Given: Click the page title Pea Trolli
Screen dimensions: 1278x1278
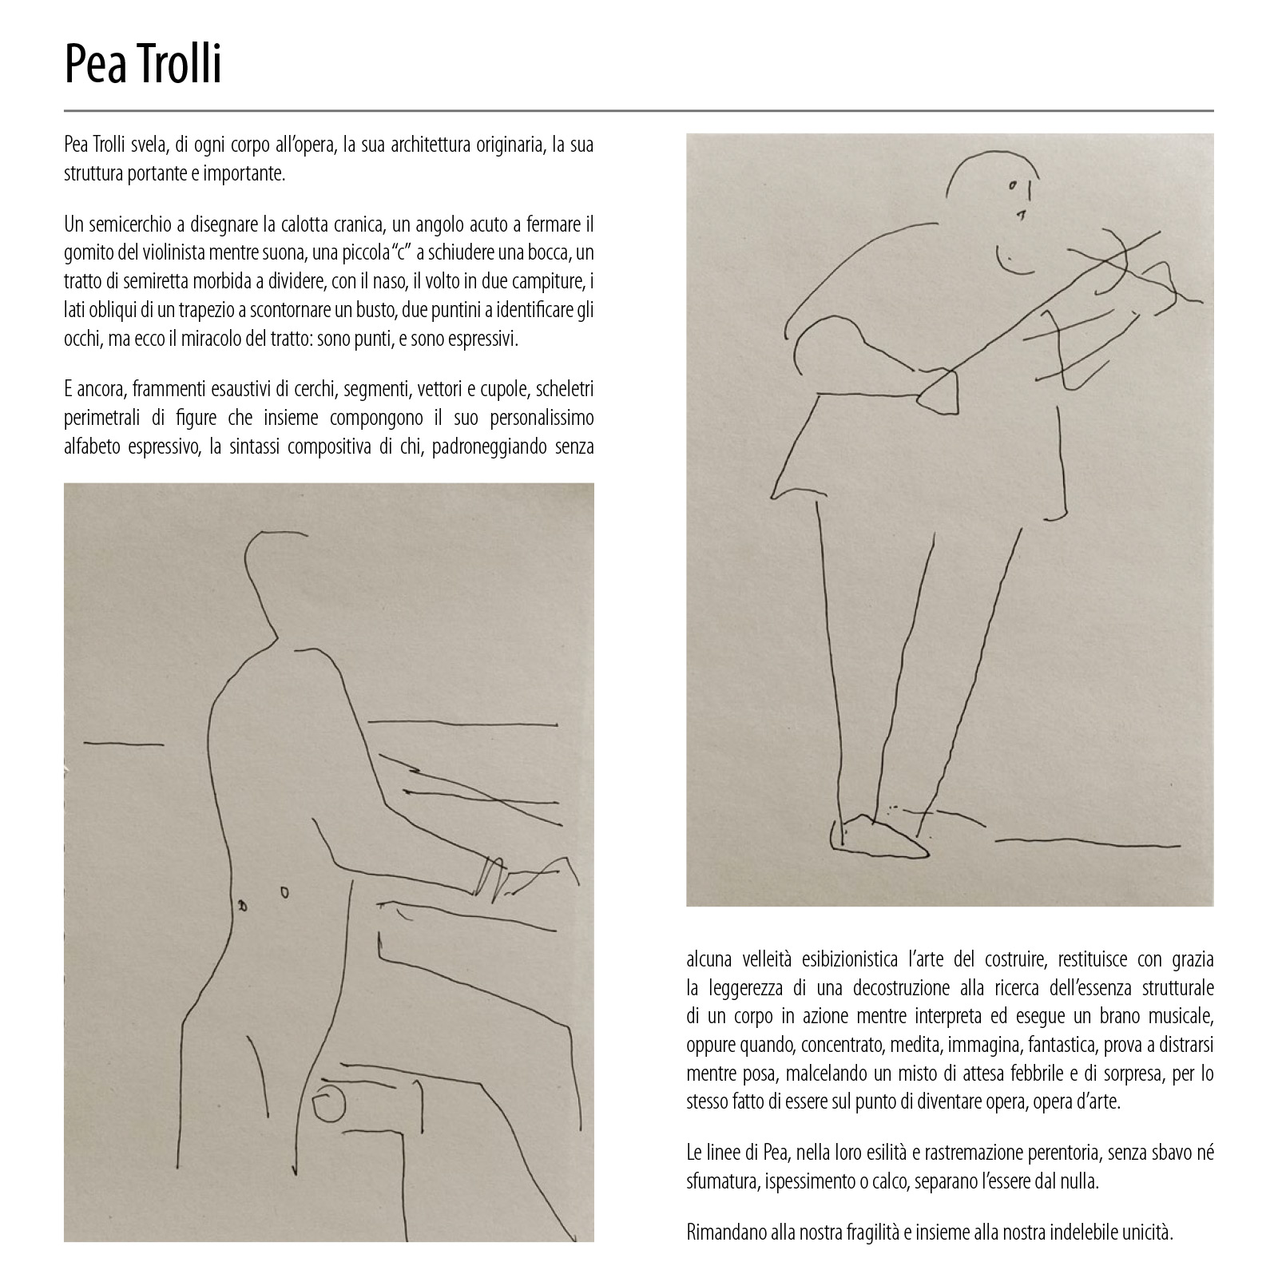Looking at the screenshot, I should click(143, 65).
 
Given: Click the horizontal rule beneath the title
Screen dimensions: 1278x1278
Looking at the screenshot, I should click(639, 110).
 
